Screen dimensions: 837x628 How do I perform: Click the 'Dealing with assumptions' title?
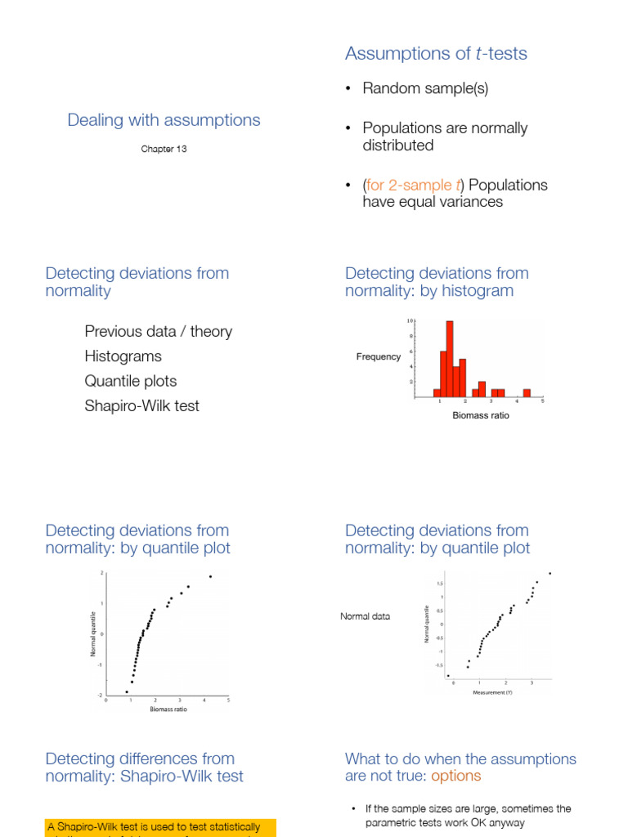click(x=164, y=120)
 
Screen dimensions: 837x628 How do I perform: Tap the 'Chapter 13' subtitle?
click(x=164, y=149)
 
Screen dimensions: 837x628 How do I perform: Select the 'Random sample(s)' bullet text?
click(x=425, y=88)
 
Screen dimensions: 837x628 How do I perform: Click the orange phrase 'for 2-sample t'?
click(x=415, y=185)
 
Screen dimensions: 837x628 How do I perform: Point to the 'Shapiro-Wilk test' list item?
click(x=141, y=405)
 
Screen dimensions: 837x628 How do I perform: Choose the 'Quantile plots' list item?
click(x=130, y=381)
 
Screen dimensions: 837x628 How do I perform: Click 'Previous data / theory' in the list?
click(x=158, y=331)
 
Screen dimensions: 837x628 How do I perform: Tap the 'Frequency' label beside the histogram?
click(x=379, y=356)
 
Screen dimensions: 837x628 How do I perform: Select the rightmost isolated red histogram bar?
click(x=527, y=392)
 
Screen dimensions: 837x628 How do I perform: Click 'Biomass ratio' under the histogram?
click(x=481, y=416)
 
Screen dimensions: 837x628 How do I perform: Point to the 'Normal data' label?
click(x=365, y=616)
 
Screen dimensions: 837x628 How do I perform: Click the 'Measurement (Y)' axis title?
click(x=492, y=692)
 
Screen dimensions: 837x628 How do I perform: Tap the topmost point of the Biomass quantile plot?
click(x=210, y=576)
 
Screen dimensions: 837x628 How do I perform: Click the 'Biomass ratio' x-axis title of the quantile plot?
click(x=168, y=709)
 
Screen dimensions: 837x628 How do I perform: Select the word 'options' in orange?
click(x=456, y=776)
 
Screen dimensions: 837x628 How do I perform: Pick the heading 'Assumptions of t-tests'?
click(x=436, y=54)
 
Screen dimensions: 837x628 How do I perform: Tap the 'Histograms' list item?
click(x=123, y=356)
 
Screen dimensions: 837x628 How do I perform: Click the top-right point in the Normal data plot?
click(x=550, y=573)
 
